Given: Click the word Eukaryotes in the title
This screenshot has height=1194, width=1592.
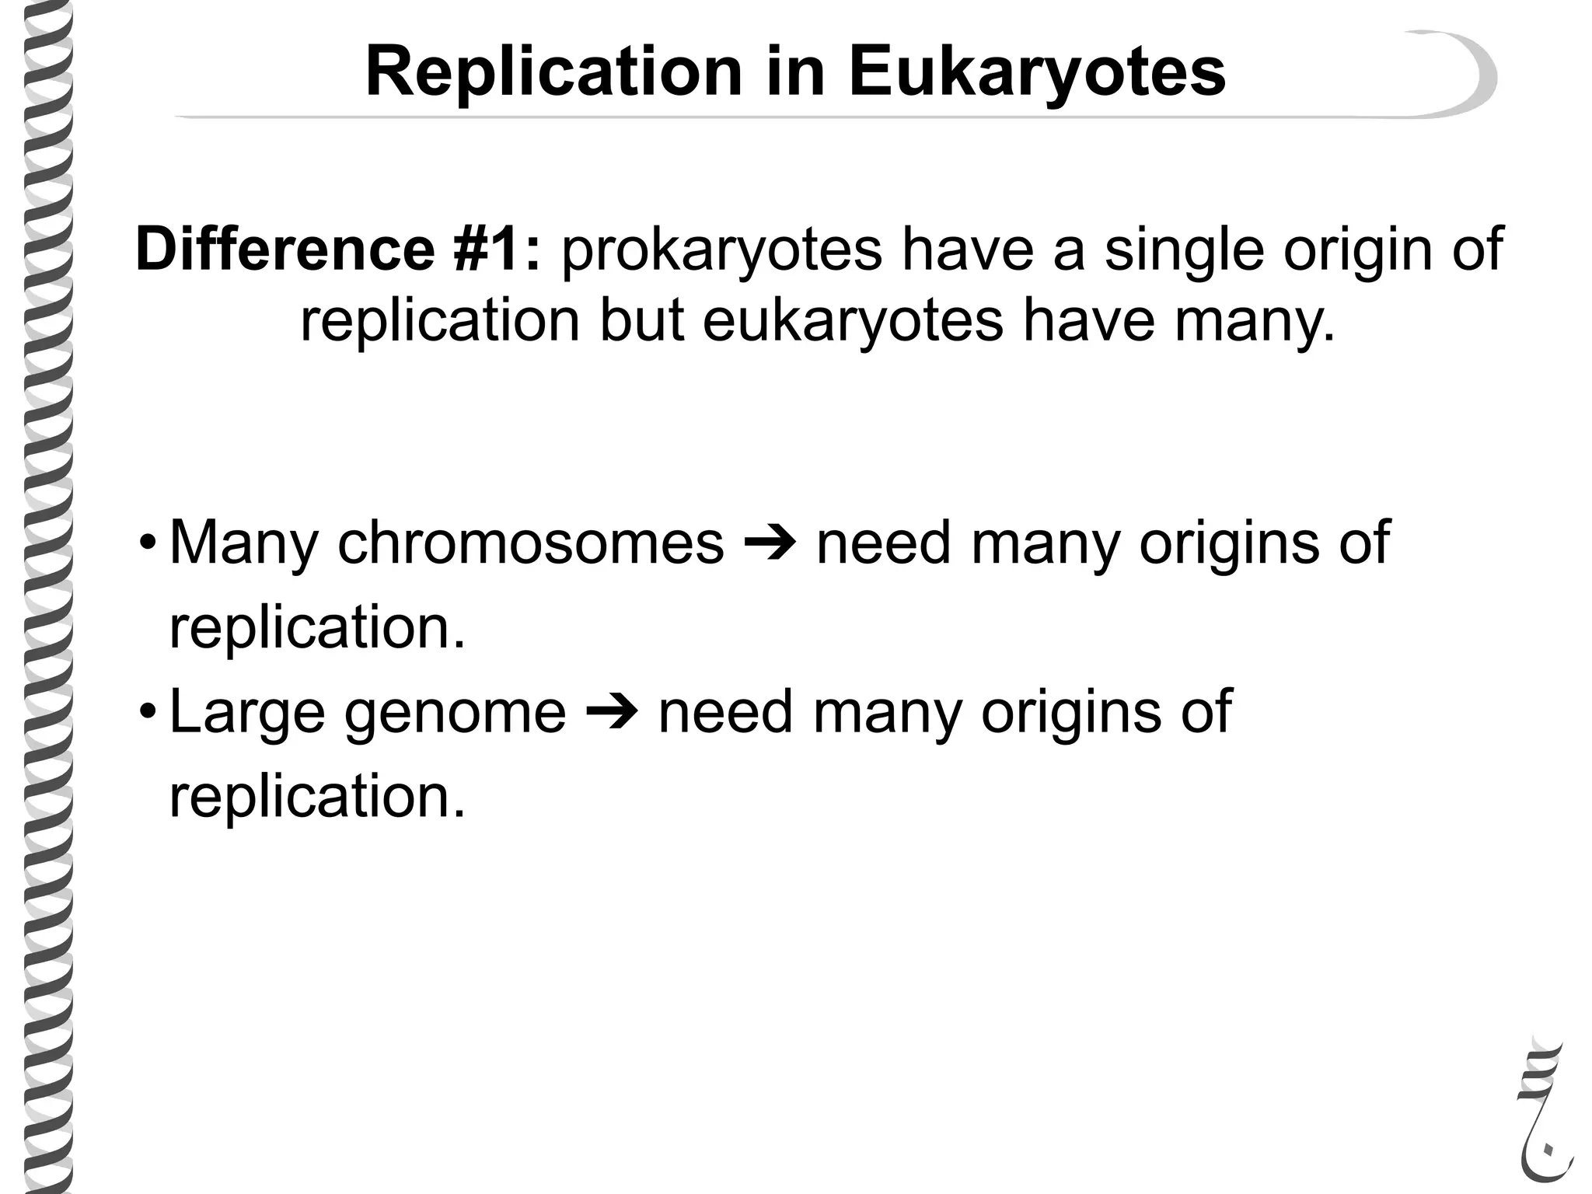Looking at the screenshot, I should point(1037,72).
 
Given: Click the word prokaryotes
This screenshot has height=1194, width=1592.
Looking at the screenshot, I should point(721,250).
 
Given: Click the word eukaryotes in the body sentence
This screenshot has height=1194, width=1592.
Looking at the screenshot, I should point(853,320).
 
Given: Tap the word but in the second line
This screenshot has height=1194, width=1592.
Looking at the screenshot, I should point(642,320).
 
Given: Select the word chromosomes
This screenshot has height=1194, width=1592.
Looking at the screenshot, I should point(530,543).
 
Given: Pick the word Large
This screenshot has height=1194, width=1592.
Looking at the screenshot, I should point(247,712).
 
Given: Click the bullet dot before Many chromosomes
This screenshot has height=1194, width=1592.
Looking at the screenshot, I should point(147,543).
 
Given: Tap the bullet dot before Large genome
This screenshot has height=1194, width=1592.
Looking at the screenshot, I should point(147,711).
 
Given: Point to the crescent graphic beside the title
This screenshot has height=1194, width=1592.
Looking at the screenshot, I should point(1460,74).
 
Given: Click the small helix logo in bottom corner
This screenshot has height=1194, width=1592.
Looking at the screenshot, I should point(1544,1112).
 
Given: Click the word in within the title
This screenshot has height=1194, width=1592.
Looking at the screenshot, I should point(795,72).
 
